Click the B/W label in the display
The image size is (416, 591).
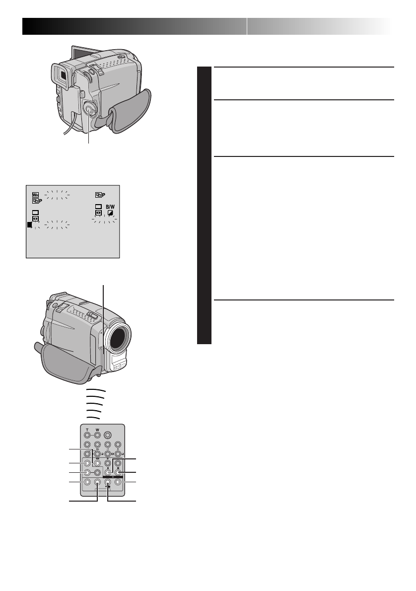(x=109, y=206)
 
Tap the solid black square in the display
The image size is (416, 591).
(x=30, y=225)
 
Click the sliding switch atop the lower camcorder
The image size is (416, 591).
(x=92, y=315)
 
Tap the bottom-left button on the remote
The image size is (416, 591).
(x=87, y=482)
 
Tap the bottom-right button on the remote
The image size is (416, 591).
(x=118, y=482)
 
